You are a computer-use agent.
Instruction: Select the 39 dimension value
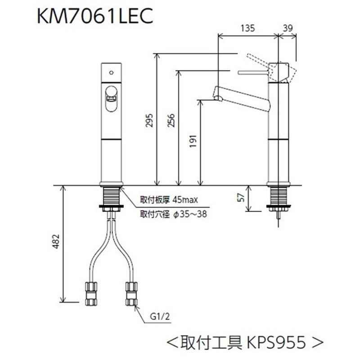(x=289, y=28)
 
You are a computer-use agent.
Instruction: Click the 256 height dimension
(x=172, y=120)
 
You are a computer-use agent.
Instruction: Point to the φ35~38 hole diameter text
(x=189, y=215)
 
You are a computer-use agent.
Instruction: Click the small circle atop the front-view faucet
(x=110, y=72)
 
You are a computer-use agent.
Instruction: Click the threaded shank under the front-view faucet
(x=110, y=196)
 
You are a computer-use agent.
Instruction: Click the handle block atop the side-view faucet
(x=278, y=71)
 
